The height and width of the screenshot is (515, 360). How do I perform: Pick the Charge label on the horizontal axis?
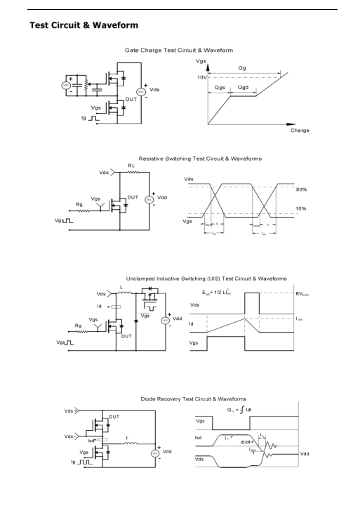pyautogui.click(x=300, y=131)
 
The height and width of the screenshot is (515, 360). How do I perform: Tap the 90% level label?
pyautogui.click(x=301, y=190)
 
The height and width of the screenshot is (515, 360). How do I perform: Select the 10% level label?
pyautogui.click(x=301, y=209)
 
